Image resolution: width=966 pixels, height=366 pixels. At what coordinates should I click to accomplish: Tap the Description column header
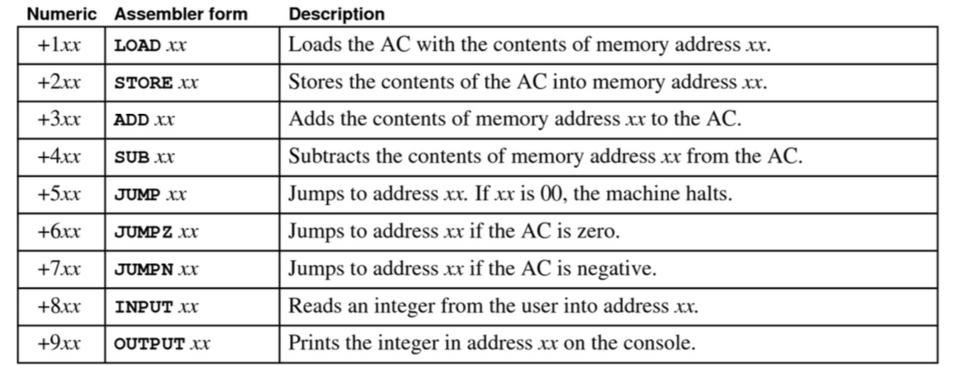point(336,14)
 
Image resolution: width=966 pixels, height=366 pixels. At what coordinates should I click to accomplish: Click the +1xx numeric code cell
point(59,45)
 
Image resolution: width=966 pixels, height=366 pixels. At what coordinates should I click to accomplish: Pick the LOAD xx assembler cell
point(150,45)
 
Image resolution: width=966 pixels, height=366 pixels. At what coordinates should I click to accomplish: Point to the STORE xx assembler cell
point(156,82)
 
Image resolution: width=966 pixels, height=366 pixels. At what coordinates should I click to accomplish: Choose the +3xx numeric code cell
point(59,119)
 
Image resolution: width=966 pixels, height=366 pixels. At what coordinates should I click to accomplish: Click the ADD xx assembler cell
point(145,120)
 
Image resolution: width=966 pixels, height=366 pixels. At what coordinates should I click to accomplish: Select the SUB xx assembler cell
point(145,157)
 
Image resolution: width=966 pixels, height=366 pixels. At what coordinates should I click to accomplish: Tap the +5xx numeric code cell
point(59,194)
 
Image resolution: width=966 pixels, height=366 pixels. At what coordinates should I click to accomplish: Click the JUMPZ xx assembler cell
point(155,232)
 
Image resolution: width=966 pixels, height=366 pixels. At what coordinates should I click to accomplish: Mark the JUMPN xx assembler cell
point(155,269)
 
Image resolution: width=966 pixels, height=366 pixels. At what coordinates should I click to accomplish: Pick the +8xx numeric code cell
point(59,306)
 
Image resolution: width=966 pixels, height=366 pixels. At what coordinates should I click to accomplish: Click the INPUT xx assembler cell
point(155,307)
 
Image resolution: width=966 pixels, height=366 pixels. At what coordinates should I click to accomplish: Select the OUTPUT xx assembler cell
point(161,344)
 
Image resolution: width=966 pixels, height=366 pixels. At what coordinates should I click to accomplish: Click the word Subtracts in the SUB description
point(323,157)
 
